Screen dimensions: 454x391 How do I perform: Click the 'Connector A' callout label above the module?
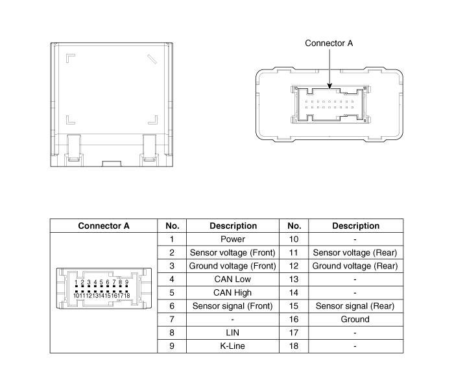click(329, 43)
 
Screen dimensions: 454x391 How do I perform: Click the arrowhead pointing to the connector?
click(329, 86)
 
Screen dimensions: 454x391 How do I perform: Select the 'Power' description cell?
click(233, 239)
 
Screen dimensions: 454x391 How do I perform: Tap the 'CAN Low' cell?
click(233, 279)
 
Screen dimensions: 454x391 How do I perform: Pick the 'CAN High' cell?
click(233, 292)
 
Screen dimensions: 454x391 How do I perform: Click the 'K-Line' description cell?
click(233, 346)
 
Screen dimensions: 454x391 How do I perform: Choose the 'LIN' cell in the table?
click(233, 333)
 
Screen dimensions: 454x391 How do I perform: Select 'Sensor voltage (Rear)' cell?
click(355, 253)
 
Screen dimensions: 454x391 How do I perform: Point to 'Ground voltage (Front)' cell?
click(233, 266)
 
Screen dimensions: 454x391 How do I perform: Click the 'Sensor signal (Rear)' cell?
click(355, 306)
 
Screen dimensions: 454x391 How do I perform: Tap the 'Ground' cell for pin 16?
click(355, 319)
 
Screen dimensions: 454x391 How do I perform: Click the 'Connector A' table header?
click(104, 226)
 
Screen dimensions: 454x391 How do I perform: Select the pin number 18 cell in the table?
click(294, 346)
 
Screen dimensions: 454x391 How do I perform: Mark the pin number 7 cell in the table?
click(172, 319)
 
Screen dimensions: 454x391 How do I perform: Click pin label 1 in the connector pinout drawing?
click(76, 282)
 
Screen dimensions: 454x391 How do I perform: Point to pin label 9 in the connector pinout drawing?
click(126, 282)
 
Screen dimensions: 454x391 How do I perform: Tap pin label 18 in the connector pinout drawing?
click(127, 296)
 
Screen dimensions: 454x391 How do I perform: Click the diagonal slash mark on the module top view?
click(152, 59)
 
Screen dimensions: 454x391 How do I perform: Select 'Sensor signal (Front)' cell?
click(233, 306)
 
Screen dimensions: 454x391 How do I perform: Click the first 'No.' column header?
click(172, 226)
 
